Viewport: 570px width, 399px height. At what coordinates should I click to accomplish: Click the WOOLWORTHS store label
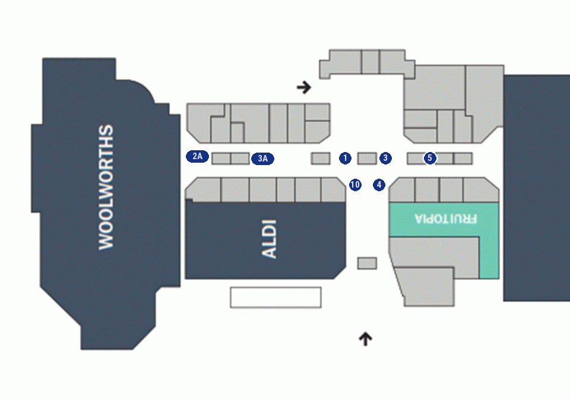click(106, 187)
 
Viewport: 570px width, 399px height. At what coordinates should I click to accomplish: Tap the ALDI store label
click(270, 239)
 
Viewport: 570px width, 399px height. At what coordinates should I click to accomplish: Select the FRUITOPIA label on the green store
click(446, 218)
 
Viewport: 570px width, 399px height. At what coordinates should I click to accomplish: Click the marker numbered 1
click(345, 158)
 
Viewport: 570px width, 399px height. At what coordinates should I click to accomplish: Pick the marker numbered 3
click(385, 158)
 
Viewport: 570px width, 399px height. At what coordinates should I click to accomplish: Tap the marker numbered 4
click(379, 185)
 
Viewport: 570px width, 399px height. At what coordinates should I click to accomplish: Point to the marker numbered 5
click(430, 158)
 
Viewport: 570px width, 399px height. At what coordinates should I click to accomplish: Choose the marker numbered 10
click(355, 185)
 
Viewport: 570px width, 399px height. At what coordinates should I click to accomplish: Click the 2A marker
click(197, 156)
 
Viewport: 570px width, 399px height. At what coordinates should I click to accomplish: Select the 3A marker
click(262, 159)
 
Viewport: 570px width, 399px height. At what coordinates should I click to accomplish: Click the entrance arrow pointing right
click(304, 87)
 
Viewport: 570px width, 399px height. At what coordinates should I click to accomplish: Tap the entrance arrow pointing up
click(365, 339)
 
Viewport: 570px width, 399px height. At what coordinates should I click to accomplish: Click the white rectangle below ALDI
click(275, 297)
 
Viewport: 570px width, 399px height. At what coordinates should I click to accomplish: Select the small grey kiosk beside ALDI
click(367, 264)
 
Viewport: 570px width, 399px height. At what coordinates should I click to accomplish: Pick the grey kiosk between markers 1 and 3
click(367, 159)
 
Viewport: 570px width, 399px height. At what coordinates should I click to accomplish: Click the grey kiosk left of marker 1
click(321, 159)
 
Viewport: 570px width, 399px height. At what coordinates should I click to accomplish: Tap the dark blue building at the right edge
click(537, 188)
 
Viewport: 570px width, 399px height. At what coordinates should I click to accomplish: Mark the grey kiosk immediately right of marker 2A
click(221, 159)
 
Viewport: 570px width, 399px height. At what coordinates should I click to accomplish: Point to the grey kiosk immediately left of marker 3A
click(240, 159)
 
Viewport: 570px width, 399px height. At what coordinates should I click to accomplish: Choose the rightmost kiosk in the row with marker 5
click(463, 159)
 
